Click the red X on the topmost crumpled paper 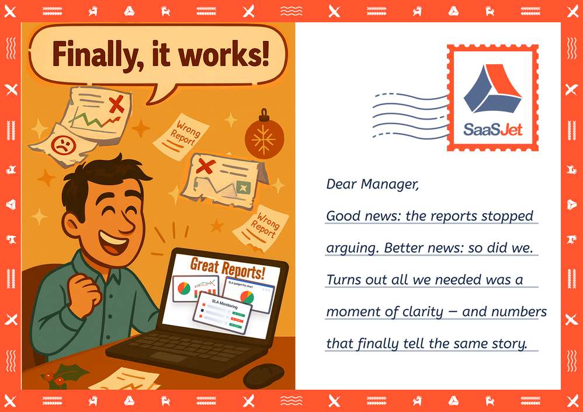(117, 106)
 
